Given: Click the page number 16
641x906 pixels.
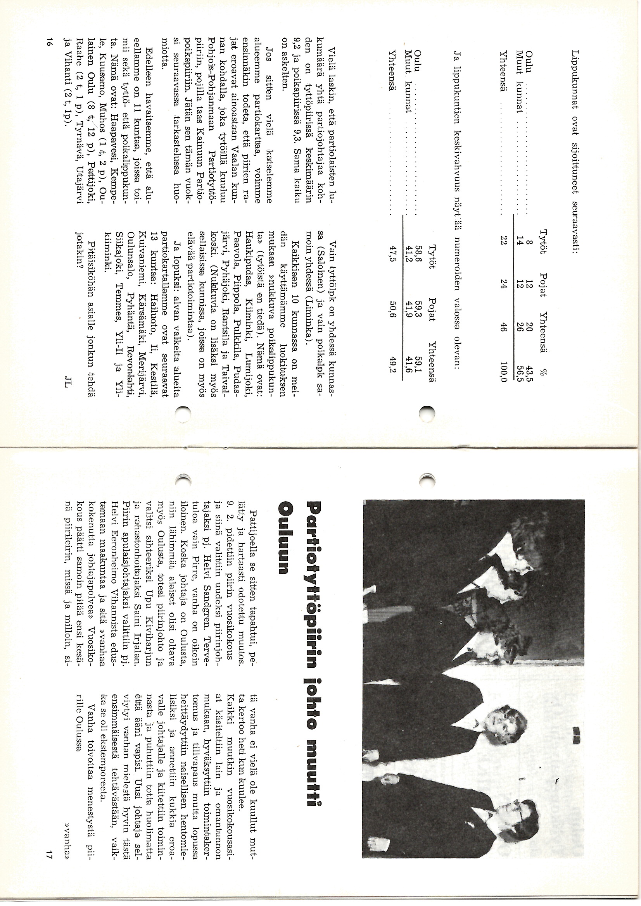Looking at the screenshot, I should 48,42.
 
